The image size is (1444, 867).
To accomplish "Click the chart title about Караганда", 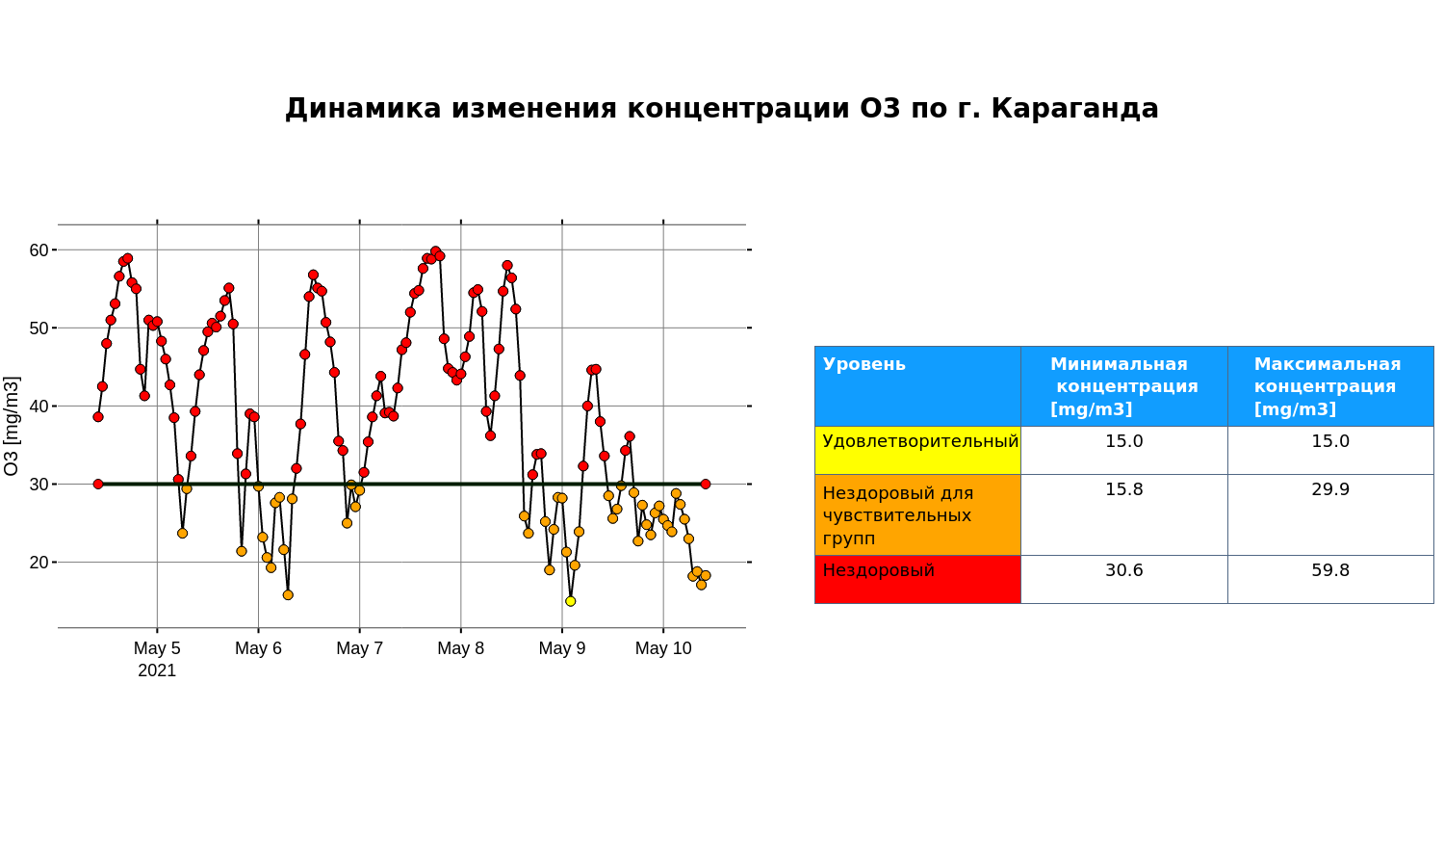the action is (x=721, y=108).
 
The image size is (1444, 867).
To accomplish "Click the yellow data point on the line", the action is (x=571, y=601).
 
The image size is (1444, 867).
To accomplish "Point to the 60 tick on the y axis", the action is (x=39, y=250).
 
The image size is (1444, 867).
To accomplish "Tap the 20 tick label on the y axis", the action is (x=39, y=562).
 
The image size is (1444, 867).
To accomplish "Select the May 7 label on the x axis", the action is (x=360, y=647).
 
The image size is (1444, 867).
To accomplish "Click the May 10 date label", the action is (x=663, y=647).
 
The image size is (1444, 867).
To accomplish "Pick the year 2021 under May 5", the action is (x=157, y=670).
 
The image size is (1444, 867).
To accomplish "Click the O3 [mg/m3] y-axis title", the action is (x=12, y=427).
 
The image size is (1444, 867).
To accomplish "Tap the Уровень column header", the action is (x=864, y=364).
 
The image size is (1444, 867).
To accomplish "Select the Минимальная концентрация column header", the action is (x=1123, y=386).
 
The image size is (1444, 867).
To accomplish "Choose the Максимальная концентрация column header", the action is (x=1328, y=386).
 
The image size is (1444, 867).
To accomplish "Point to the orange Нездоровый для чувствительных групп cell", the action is (x=918, y=514).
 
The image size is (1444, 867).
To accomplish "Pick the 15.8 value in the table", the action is (x=1124, y=489).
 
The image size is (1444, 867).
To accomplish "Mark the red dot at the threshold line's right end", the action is (x=706, y=484).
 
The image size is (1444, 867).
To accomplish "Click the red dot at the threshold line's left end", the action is (x=98, y=484).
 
